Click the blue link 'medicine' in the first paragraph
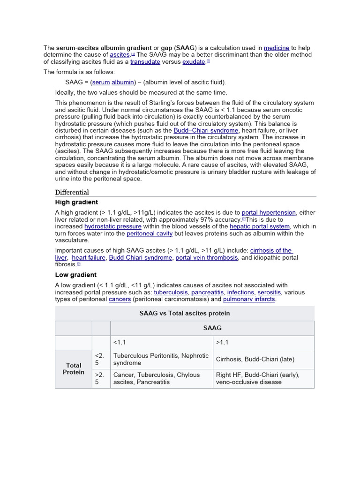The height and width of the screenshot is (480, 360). coord(276,48)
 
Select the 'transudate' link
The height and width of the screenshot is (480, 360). coord(145,62)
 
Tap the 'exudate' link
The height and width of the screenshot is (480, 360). coord(194,62)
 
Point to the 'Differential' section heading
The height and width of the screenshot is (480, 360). coord(72,192)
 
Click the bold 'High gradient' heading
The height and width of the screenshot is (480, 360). coord(76,202)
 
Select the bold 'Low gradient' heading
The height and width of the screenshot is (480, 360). coord(75,275)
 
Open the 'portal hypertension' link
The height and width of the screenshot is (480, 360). coord(269,212)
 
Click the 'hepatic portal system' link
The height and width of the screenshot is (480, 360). coord(259,226)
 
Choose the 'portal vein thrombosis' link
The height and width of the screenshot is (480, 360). coord(207,257)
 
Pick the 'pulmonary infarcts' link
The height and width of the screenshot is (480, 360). coord(249,299)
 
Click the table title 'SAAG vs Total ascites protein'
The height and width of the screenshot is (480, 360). coord(185,313)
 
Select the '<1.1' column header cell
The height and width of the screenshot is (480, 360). coord(161,342)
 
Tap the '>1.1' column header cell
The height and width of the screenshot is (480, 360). coord(263,342)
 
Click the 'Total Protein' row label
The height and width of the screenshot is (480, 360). coord(74,369)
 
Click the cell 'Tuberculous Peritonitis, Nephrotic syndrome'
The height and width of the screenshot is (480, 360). coord(161,360)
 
